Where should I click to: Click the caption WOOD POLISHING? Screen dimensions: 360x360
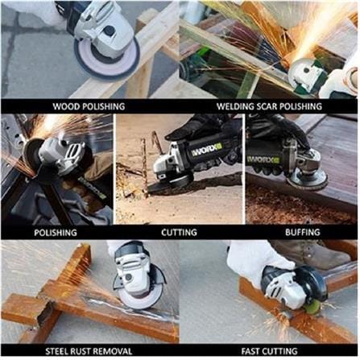(89, 106)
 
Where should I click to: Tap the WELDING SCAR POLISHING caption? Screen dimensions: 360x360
(269, 106)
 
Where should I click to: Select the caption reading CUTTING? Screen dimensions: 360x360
(179, 232)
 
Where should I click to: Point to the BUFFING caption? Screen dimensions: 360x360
(303, 232)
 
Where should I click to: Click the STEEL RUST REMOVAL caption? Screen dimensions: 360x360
(89, 351)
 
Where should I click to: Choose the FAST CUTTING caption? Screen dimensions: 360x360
(269, 351)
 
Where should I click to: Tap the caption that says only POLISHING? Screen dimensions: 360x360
(56, 233)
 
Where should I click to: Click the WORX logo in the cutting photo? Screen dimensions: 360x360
(207, 151)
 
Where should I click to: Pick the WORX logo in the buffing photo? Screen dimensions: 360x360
(263, 159)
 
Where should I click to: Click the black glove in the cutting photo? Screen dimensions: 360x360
(200, 128)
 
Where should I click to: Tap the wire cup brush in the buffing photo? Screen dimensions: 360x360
(307, 182)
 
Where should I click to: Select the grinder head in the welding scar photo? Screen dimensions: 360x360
(306, 74)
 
